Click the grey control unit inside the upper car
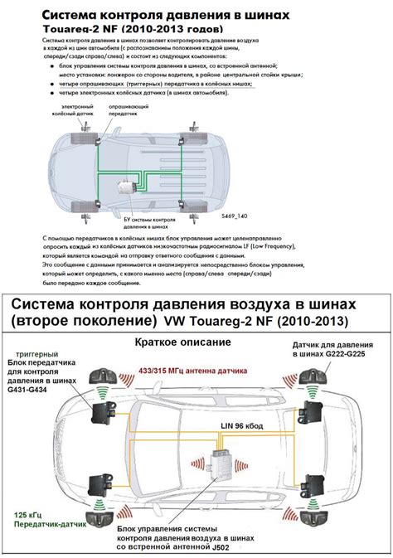pyautogui.click(x=126, y=188)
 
